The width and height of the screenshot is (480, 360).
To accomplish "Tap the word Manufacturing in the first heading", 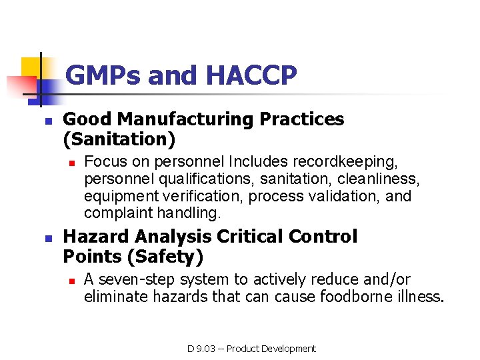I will tap(181, 119).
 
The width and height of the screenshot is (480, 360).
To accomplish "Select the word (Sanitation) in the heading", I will tap(119, 139).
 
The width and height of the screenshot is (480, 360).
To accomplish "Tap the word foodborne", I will tap(352, 297).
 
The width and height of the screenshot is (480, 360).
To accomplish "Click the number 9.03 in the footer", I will tap(209, 348).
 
